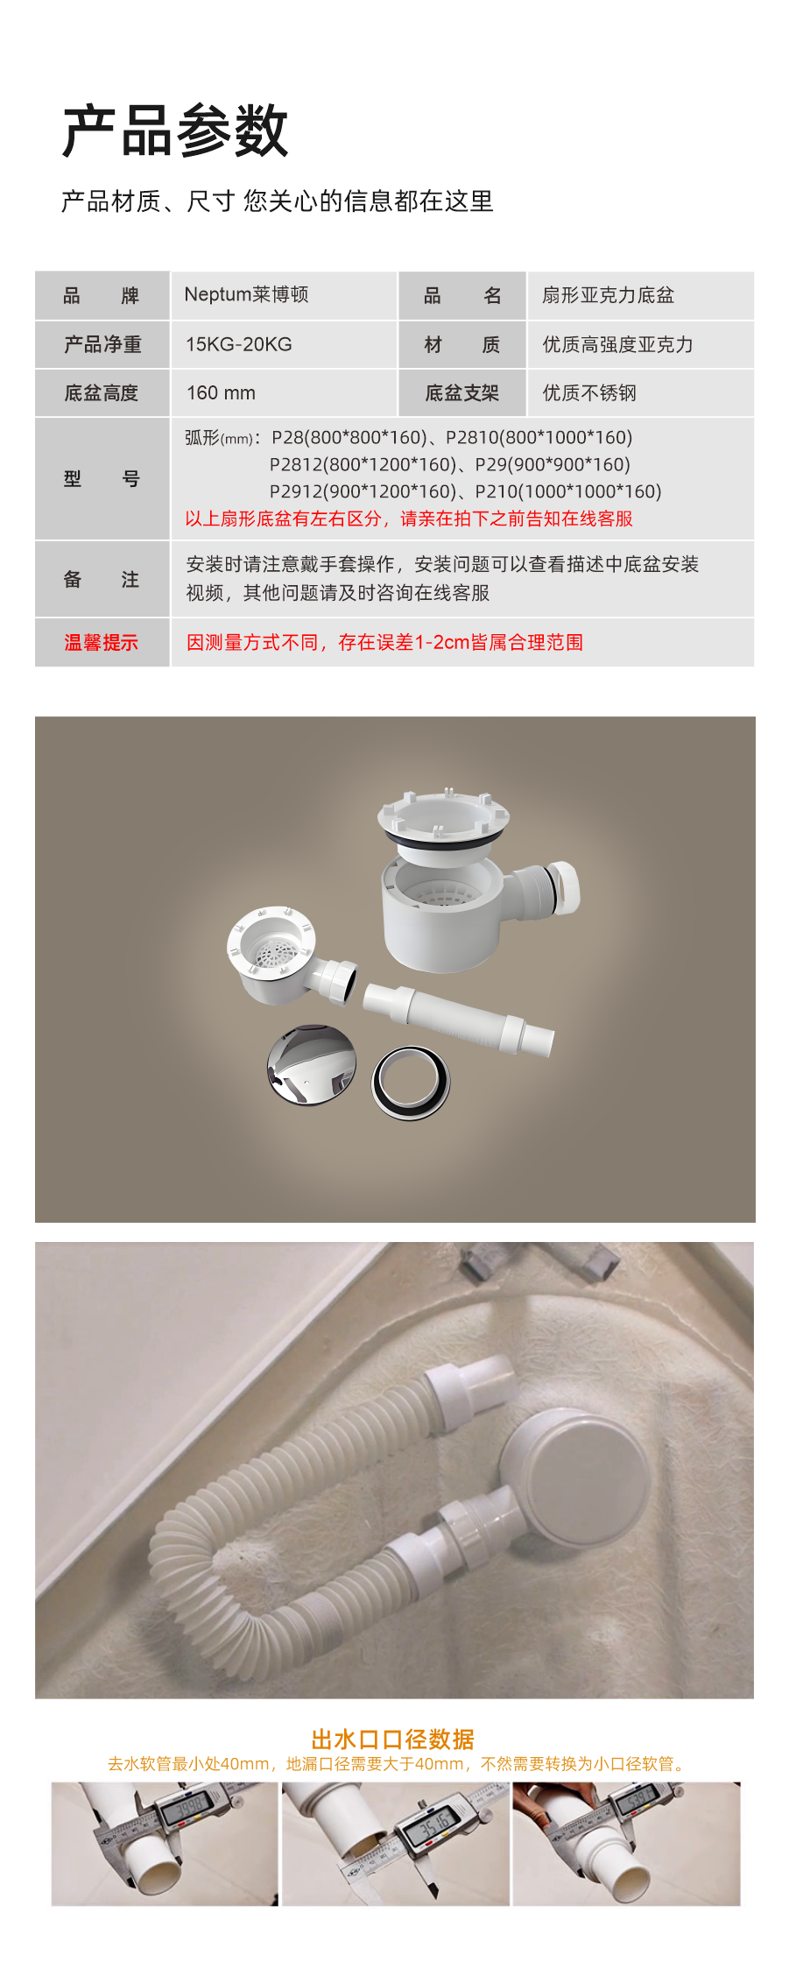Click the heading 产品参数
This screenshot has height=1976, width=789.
[x=175, y=131]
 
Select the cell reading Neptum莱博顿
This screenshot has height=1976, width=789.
[x=246, y=294]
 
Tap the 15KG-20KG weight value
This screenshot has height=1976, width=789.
[x=239, y=344]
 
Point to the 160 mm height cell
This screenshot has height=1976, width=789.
[x=221, y=393]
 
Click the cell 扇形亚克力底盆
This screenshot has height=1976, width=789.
[x=608, y=295]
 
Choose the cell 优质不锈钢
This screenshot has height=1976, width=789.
[x=589, y=393]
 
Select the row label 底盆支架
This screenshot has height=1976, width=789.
[x=461, y=393]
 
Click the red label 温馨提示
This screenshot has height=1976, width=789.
[x=102, y=642]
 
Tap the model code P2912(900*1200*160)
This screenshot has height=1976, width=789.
[x=363, y=491]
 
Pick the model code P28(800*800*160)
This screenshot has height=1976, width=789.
[x=349, y=437]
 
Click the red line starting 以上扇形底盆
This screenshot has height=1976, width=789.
[x=409, y=519]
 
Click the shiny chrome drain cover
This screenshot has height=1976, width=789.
[x=313, y=1064]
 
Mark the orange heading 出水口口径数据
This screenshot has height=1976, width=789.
[x=393, y=1739]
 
